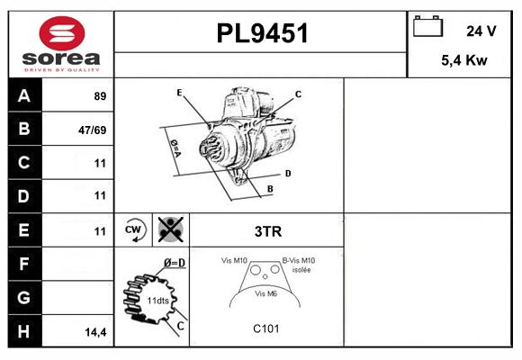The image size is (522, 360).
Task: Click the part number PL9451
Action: point(262,33)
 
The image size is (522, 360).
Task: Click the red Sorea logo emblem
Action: point(62,33)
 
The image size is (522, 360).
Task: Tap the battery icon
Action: point(427,26)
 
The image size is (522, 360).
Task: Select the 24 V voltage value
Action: point(481,31)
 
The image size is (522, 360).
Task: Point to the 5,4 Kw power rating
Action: point(464,60)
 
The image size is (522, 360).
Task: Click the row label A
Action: point(24,96)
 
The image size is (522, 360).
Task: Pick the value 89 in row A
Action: point(100,96)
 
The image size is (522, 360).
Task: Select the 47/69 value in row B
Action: point(92,130)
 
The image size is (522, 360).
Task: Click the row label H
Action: point(23,331)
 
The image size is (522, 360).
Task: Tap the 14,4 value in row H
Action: point(95,332)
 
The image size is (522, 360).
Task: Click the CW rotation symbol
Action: point(133,229)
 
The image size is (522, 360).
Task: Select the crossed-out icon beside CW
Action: point(171,229)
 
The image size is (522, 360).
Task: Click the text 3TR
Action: point(268,231)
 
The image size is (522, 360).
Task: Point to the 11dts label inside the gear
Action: point(157,301)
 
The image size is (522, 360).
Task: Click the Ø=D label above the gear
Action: point(175,263)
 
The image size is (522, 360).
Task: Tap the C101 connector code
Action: point(266,328)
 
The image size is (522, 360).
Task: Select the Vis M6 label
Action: point(265,293)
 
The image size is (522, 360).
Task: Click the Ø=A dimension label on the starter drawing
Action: point(175,148)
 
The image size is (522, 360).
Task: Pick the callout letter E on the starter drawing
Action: point(179,92)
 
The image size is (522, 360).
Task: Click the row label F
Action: point(23,264)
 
